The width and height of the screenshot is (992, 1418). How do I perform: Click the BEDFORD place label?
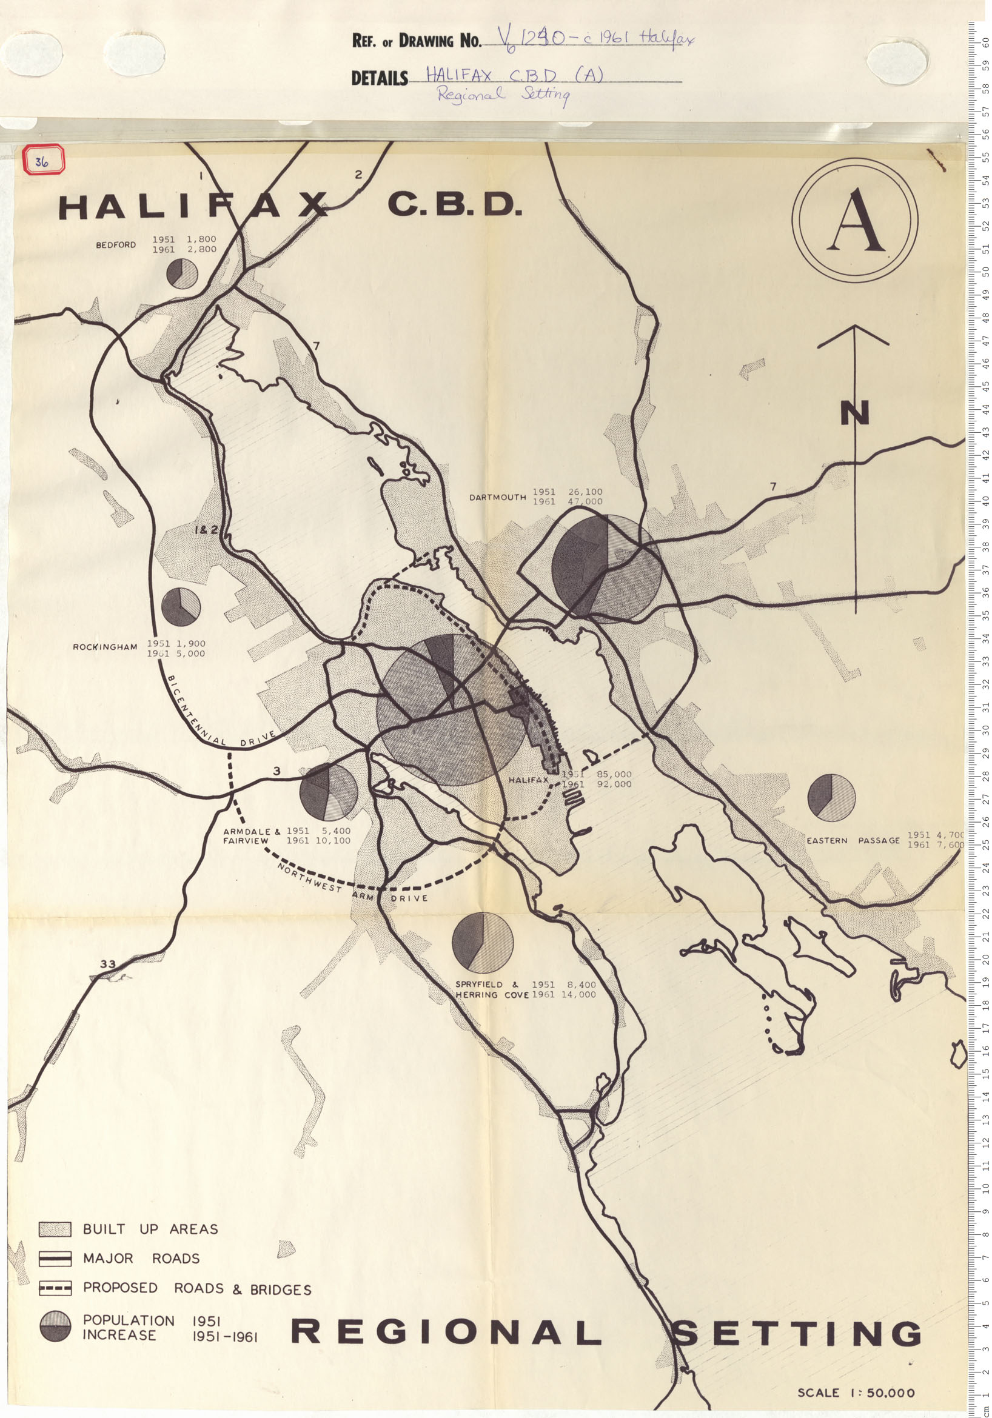tap(115, 245)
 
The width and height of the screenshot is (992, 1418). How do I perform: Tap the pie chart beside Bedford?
tap(183, 273)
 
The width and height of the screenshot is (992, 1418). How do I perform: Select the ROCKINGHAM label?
tap(105, 647)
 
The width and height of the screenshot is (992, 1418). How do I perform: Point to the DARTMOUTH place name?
tap(497, 497)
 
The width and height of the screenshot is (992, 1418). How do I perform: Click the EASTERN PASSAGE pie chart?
tap(831, 798)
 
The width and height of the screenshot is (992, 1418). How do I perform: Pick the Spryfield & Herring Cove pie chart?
tap(483, 943)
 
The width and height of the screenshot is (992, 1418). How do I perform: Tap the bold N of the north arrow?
tap(854, 413)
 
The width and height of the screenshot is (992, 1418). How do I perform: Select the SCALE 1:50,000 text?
tap(856, 1393)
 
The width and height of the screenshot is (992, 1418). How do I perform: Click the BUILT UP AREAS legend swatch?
tap(55, 1229)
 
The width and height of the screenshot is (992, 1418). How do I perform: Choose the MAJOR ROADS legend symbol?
tap(55, 1259)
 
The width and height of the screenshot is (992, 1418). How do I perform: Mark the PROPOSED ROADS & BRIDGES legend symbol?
tap(55, 1288)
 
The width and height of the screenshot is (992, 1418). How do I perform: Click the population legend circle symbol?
tap(56, 1326)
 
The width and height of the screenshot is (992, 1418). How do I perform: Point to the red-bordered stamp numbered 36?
tap(42, 161)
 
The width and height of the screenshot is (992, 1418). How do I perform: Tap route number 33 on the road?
tap(107, 964)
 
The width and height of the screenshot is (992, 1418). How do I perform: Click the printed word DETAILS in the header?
tap(379, 78)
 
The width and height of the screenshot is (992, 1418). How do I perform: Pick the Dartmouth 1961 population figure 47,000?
tap(585, 502)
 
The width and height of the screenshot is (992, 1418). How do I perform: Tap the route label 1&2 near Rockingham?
tap(206, 530)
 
